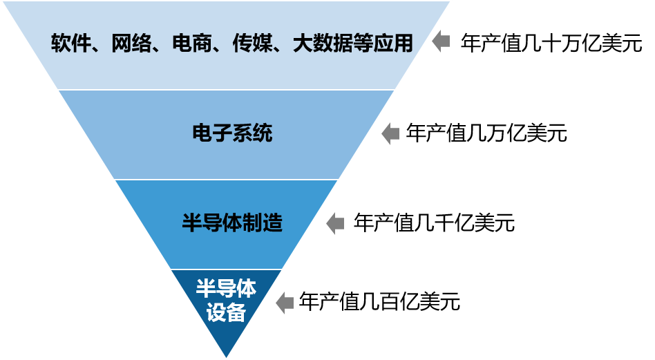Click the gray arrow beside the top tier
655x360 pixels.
(x=441, y=42)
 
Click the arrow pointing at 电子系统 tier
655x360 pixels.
(x=390, y=133)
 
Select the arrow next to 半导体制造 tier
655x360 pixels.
(x=335, y=223)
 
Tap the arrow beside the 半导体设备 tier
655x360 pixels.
(x=285, y=303)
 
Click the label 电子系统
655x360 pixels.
(x=232, y=133)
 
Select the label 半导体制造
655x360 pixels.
(x=232, y=223)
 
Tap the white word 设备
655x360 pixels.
(x=226, y=313)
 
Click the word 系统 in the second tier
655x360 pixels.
(x=252, y=133)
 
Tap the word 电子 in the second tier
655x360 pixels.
(x=212, y=133)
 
